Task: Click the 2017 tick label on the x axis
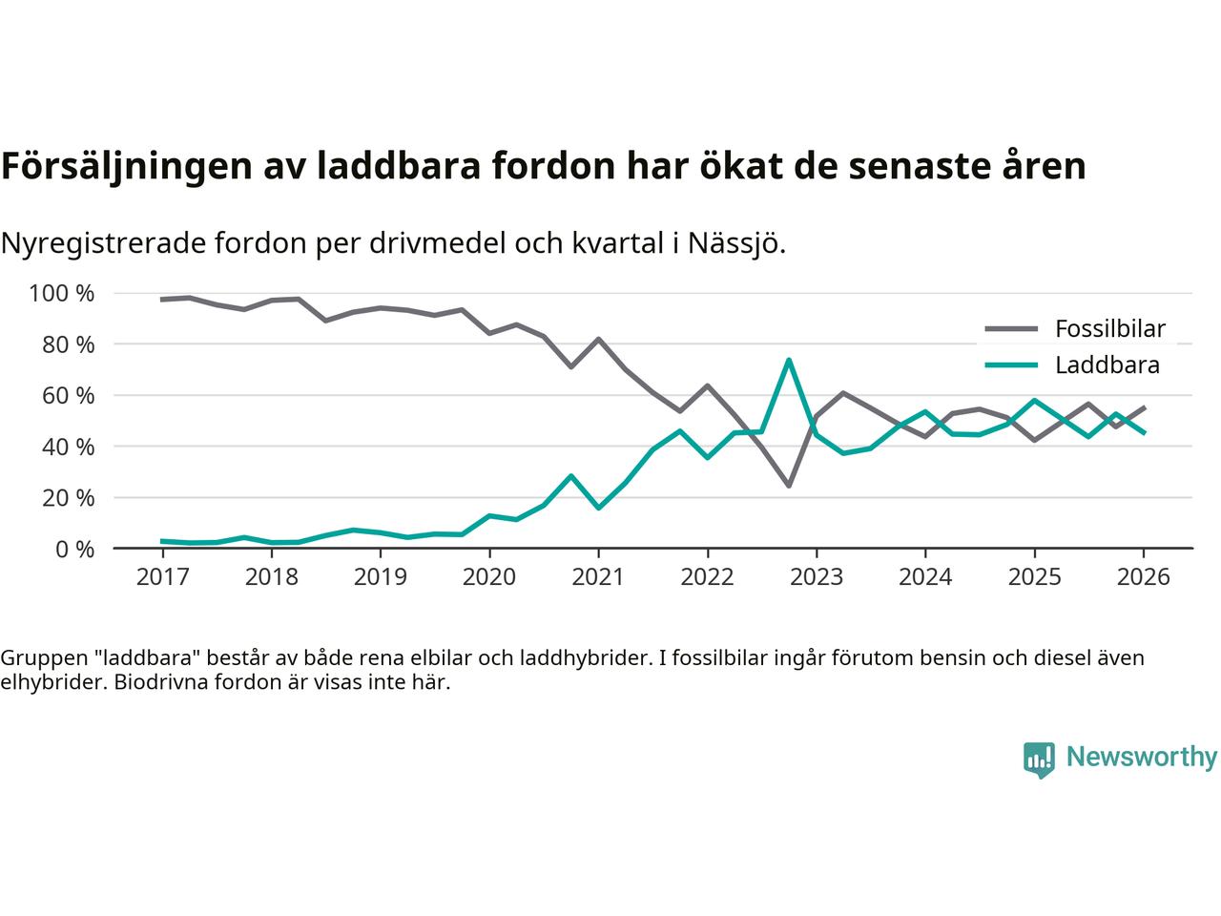[x=162, y=577]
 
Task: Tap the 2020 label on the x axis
[x=489, y=577]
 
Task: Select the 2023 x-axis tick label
[x=817, y=577]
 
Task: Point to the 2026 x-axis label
[x=1143, y=577]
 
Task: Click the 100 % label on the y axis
[x=62, y=293]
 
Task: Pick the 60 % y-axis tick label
[x=69, y=395]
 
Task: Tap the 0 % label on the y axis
[x=74, y=549]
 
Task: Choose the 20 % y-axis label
[x=69, y=497]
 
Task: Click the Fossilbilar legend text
[x=1109, y=329]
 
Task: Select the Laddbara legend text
[x=1107, y=364]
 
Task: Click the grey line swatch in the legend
[x=1010, y=329]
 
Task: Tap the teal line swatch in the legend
[x=1010, y=364]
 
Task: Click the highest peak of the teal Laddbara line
[x=789, y=360]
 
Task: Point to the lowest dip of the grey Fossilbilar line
[x=789, y=486]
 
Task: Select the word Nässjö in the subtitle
[x=740, y=243]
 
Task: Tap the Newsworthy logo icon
[x=1039, y=760]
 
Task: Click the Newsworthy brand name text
[x=1141, y=758]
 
